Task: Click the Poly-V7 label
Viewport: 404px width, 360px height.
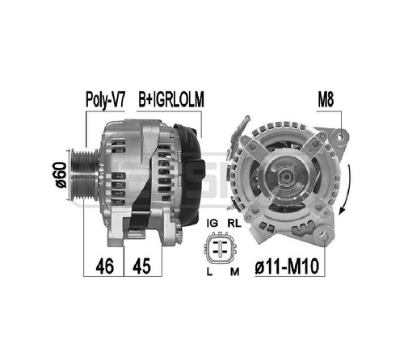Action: (105, 100)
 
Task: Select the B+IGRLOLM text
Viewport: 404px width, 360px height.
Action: (171, 99)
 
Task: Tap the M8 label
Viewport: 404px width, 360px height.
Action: (326, 99)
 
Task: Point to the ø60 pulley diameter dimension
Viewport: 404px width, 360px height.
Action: (61, 175)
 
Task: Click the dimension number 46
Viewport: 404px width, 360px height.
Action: (104, 266)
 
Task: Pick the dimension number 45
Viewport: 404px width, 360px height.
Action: (142, 266)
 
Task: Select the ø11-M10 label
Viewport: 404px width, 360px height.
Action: (287, 266)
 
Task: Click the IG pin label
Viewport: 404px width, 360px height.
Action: (213, 223)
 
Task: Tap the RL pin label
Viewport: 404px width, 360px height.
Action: (234, 223)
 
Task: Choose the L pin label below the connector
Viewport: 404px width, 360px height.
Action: (209, 272)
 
